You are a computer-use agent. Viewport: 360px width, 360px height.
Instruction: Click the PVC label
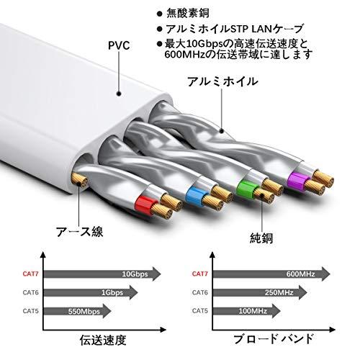[119, 45]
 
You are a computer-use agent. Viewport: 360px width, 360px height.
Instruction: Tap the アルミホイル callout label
[222, 81]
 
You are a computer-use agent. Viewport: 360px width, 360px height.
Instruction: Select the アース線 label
[80, 232]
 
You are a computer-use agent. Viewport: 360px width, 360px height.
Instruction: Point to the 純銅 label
[261, 238]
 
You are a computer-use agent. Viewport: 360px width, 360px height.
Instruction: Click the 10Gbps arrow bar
[102, 274]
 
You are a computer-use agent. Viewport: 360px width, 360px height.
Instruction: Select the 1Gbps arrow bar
[91, 292]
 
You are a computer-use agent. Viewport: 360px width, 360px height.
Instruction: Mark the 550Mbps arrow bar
[77, 311]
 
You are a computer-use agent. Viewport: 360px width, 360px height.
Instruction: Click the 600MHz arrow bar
[271, 274]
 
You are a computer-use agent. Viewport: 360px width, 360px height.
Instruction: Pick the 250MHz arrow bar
[260, 292]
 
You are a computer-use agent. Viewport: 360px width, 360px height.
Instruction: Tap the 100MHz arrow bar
[247, 311]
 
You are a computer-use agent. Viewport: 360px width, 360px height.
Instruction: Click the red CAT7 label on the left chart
[30, 274]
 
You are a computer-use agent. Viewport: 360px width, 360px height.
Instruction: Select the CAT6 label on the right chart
[200, 292]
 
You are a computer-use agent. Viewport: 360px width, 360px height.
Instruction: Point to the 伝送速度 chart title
[103, 340]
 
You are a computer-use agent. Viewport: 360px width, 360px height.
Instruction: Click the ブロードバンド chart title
[274, 339]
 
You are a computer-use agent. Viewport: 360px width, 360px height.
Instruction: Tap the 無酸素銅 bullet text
[188, 13]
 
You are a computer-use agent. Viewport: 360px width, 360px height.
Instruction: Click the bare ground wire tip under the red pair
[78, 180]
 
